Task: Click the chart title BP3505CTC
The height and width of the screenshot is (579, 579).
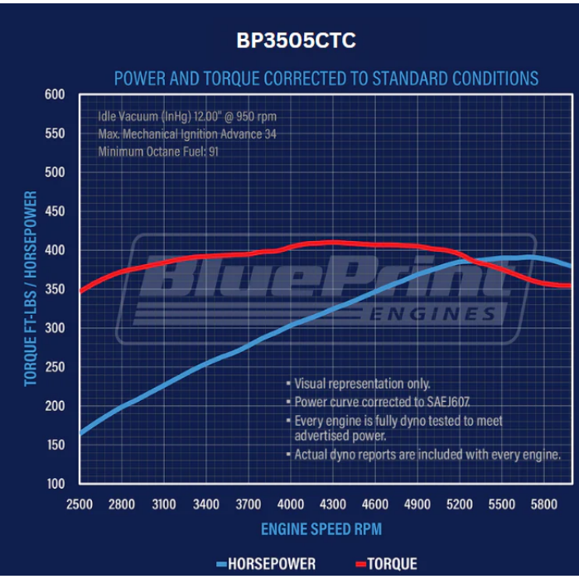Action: [x=289, y=41]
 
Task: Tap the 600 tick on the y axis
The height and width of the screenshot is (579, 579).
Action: [x=55, y=94]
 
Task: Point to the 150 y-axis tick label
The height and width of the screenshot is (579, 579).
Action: [x=55, y=445]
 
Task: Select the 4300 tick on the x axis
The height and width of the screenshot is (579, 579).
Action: [x=332, y=504]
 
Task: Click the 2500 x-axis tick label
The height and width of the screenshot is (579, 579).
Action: [x=80, y=504]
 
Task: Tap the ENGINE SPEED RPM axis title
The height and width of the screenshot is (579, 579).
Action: [x=321, y=528]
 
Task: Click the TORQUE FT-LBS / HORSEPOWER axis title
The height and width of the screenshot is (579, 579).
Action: [x=31, y=288]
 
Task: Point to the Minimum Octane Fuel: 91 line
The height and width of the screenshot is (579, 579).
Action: [x=158, y=152]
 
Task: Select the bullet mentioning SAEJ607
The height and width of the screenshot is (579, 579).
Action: [x=369, y=402]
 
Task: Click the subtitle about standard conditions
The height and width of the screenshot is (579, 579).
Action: [x=326, y=79]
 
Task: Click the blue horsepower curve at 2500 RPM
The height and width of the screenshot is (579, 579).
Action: [x=80, y=433]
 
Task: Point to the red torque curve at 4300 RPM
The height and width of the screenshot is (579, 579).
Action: [x=332, y=242]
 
